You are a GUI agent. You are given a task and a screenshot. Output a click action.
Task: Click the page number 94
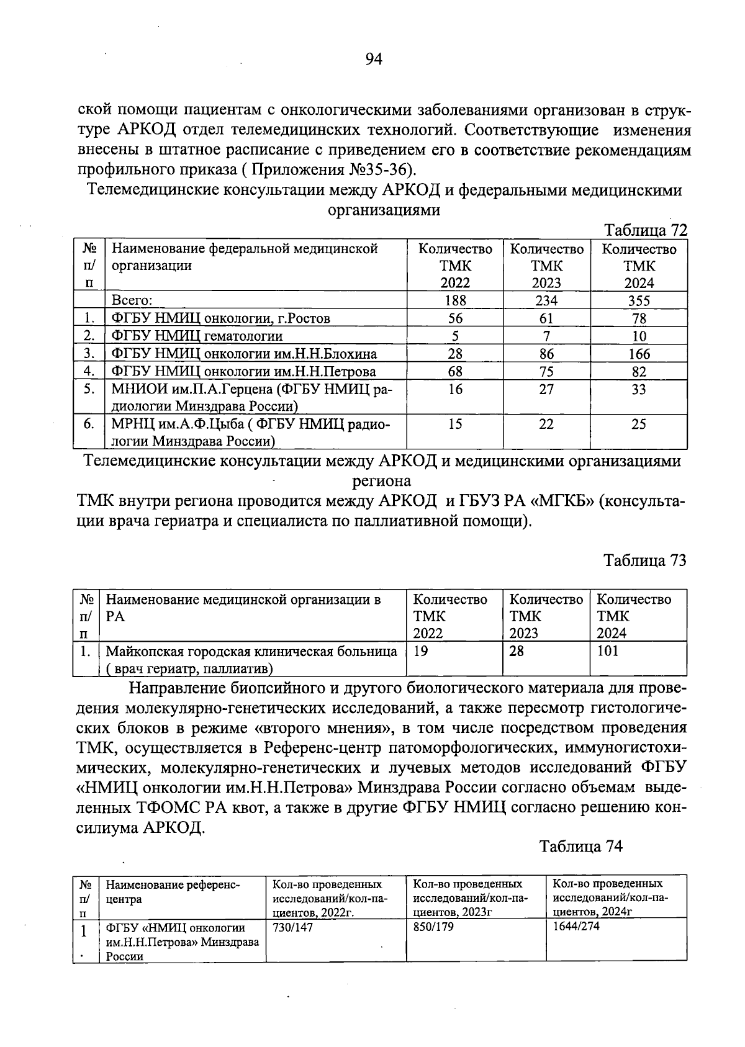click(x=374, y=59)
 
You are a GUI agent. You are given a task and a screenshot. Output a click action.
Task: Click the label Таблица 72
click(x=646, y=230)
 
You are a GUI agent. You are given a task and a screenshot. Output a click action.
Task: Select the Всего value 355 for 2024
click(x=639, y=301)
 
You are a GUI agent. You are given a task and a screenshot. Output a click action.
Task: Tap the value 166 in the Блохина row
click(x=639, y=354)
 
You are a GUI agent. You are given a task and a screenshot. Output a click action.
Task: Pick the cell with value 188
click(x=455, y=301)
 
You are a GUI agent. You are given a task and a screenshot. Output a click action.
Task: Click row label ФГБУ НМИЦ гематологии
click(x=197, y=336)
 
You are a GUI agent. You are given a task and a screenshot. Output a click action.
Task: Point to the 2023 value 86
click(x=546, y=354)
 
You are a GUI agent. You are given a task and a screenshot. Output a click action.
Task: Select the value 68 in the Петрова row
click(x=455, y=372)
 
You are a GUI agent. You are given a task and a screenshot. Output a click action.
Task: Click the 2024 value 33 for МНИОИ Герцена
click(x=639, y=390)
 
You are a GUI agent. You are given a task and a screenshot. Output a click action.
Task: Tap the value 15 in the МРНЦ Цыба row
click(x=455, y=425)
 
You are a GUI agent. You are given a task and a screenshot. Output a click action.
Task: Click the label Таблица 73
click(x=646, y=560)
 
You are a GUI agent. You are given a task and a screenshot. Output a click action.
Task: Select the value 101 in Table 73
click(x=608, y=651)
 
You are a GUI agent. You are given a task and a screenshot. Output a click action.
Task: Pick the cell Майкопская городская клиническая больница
click(x=251, y=652)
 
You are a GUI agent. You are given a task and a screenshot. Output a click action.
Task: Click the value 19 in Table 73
click(x=420, y=651)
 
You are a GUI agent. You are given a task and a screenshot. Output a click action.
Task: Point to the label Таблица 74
click(x=580, y=847)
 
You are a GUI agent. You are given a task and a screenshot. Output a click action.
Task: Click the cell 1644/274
click(x=576, y=927)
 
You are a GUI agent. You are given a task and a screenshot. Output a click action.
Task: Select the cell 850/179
click(x=433, y=927)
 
